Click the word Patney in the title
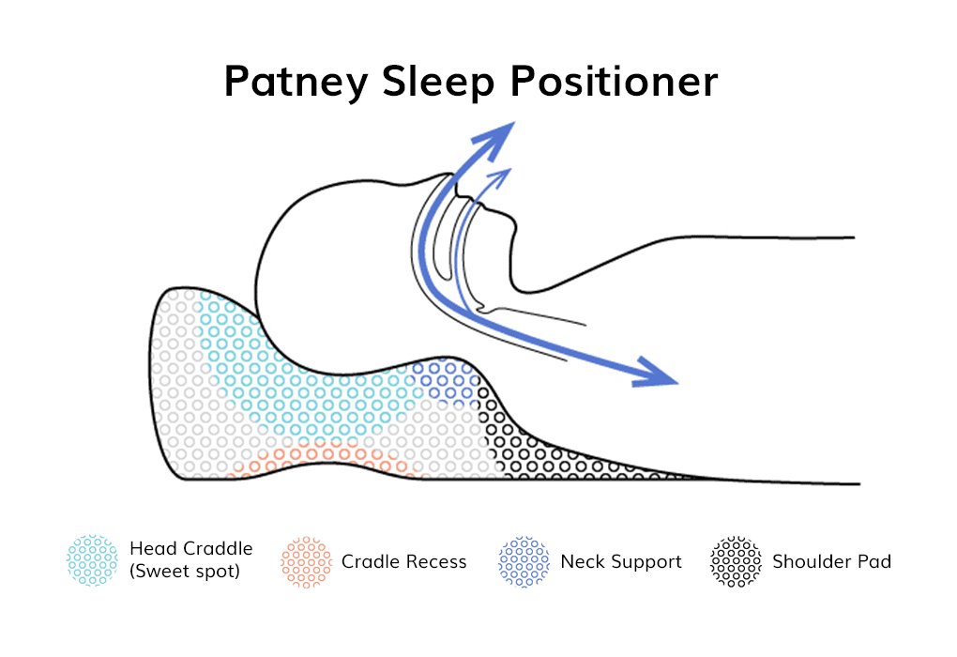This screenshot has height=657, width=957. (x=296, y=82)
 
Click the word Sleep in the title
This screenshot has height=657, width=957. (x=437, y=82)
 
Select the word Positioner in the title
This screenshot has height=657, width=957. (x=614, y=81)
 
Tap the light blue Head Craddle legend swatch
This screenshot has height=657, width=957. (x=92, y=560)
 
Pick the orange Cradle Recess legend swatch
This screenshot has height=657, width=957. (x=307, y=562)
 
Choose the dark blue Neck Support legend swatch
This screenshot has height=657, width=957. (x=524, y=562)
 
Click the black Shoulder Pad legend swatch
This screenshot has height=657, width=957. (x=737, y=562)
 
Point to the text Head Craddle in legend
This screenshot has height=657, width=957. (x=191, y=548)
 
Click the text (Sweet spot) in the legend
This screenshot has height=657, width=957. (x=184, y=572)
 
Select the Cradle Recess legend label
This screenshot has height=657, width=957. (x=403, y=561)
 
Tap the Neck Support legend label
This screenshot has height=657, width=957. (x=621, y=562)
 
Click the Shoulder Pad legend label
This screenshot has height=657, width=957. (x=831, y=561)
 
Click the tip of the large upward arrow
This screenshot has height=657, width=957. (x=515, y=122)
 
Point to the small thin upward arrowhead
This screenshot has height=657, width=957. (x=504, y=174)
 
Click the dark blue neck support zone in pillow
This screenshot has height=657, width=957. (x=445, y=379)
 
